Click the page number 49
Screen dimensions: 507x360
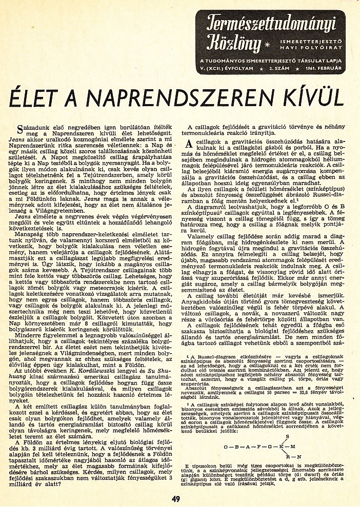pyautogui.click(x=176, y=497)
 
